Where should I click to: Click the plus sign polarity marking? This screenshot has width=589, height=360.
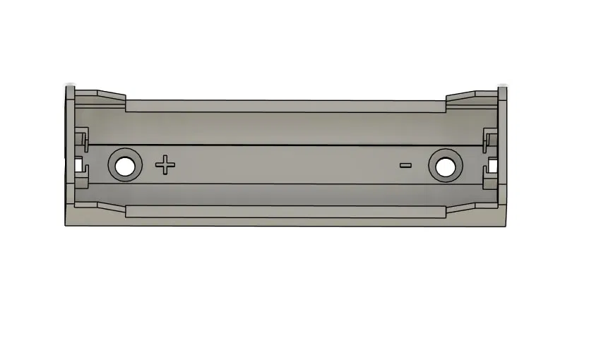165,166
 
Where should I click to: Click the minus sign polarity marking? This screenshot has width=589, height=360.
405,166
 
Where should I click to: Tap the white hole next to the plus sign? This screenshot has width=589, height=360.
125,167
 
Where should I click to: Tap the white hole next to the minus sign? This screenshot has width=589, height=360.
446,167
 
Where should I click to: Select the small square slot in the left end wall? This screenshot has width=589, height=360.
78,166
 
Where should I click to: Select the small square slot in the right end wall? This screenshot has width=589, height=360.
492,167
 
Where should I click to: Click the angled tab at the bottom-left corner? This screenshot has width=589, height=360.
100,207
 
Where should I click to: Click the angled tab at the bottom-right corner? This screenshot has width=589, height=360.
472,207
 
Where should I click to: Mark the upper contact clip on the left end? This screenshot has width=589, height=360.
83,139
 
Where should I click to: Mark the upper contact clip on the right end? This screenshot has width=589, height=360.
489,139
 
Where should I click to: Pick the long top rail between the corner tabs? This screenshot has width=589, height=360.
285,106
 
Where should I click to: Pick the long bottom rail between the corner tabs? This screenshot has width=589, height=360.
285,211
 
